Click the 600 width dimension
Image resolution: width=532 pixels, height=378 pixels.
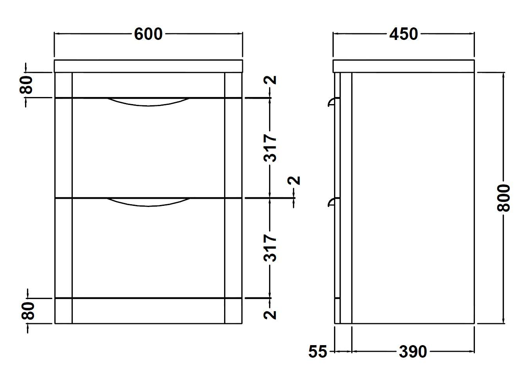148,34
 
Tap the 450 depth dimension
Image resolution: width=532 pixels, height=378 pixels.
404,34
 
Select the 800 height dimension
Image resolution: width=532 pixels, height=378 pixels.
503,198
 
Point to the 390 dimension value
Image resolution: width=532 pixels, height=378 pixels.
413,352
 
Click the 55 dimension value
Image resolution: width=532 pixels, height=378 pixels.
318,352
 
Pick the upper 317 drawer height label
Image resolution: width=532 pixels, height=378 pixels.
270,148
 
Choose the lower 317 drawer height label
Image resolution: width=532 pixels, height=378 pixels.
270,248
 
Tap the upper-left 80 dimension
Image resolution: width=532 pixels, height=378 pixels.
26,85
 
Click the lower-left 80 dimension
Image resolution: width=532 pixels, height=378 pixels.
28,311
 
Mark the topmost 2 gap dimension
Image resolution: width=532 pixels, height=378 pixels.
270,80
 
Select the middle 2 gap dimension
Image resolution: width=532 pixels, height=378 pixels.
294,180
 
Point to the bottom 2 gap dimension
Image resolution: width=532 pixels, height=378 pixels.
270,315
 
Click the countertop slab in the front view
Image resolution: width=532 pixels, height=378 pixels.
148,66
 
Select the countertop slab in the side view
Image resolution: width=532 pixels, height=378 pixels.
404,66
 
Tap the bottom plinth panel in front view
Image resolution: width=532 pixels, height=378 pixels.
148,311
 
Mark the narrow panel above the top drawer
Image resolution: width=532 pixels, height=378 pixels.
148,85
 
